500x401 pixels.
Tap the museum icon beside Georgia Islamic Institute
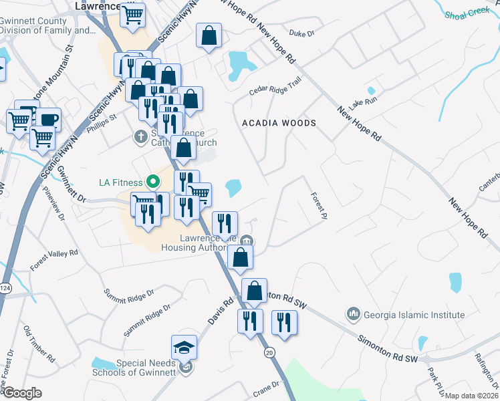[354, 313]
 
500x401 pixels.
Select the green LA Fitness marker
[152, 181]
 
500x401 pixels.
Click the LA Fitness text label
[121, 182]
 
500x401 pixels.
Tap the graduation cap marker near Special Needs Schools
[184, 348]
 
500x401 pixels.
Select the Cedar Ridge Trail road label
[275, 88]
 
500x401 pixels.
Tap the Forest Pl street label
[320, 206]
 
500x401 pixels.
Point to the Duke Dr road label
[301, 32]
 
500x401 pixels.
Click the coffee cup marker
[49, 120]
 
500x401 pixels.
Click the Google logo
[21, 393]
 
